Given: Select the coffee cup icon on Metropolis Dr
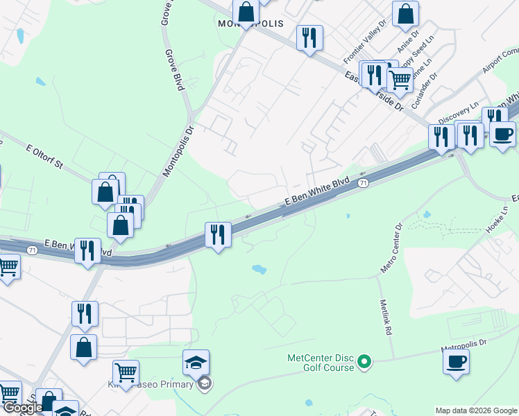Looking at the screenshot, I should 456,362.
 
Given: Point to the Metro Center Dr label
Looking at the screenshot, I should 391,248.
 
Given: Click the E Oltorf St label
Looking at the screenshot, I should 44,157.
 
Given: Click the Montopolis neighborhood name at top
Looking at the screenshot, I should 250,24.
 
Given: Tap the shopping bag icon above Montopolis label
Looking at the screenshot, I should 246,12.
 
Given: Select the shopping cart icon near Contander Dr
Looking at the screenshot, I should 399,80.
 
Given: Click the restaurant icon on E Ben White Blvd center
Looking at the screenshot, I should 218,234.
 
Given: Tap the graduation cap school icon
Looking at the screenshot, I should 196,363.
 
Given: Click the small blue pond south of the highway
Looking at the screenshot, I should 259,268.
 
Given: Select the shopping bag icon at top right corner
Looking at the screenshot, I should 405,14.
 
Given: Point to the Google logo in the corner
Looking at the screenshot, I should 24,408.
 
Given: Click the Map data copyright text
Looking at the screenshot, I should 476,410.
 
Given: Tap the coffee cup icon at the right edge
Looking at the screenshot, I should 502,132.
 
